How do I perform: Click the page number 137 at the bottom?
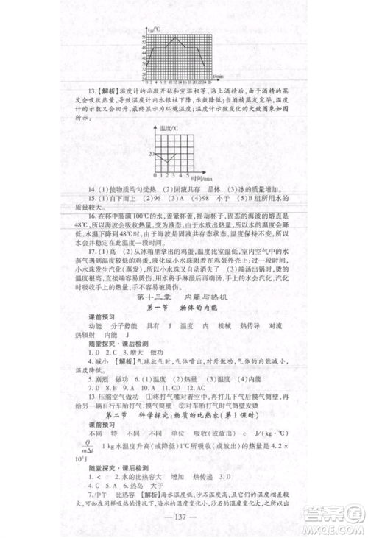(x=183, y=514)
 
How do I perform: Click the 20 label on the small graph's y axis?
(x=150, y=154)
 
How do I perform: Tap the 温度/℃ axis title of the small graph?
(x=169, y=127)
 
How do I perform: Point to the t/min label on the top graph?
(x=218, y=76)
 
